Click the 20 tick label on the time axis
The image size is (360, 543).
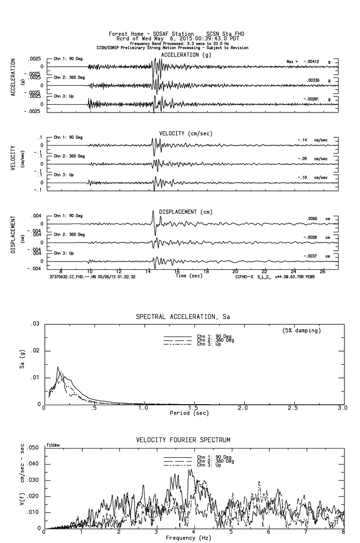pyautogui.click(x=235, y=271)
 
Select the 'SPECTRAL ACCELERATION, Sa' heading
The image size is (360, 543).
pyautogui.click(x=183, y=317)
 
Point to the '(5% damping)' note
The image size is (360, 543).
pyautogui.click(x=302, y=330)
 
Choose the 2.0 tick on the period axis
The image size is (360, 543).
pyautogui.click(x=243, y=408)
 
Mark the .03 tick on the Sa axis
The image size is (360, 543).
pyautogui.click(x=35, y=324)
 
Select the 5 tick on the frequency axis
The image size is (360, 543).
pyautogui.click(x=231, y=533)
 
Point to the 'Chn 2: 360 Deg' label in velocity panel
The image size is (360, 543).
pyautogui.click(x=69, y=156)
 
